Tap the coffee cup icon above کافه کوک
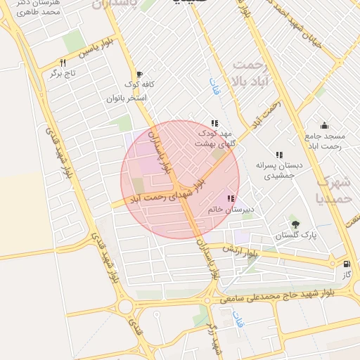[x=139, y=74]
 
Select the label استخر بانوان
[x=127, y=98]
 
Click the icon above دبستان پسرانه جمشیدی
[x=279, y=154]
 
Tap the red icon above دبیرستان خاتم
[x=231, y=199]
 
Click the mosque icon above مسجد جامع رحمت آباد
[x=323, y=125]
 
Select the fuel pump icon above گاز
[x=346, y=264]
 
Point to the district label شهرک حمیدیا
[x=333, y=188]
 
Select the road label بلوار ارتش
[x=241, y=251]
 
